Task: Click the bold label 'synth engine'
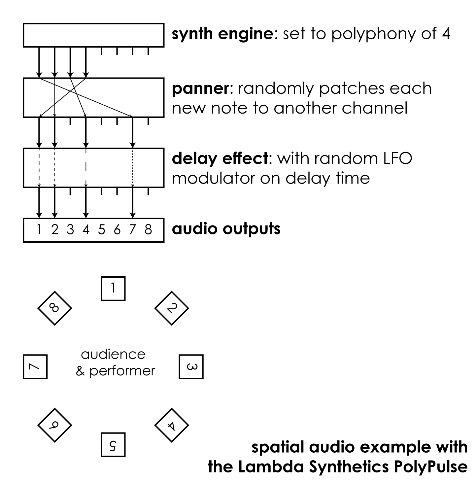coord(222,34)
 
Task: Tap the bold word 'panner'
coord(200,88)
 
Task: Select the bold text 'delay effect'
coord(220,158)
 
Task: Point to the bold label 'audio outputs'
coord(226,229)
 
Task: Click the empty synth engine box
coord(93,35)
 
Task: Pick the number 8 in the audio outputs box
coord(148,229)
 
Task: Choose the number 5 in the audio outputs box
coord(101,229)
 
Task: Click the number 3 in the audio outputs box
coord(70,229)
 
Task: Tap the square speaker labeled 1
coord(113,289)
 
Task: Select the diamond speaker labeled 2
coord(171,308)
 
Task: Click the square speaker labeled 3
coord(191,366)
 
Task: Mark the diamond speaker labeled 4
coord(171,425)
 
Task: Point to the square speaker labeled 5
coord(113,445)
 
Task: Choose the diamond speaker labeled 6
coord(54,425)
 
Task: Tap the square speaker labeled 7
coord(35,366)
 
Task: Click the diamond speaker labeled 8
coord(54,308)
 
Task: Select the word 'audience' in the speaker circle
coord(113,355)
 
